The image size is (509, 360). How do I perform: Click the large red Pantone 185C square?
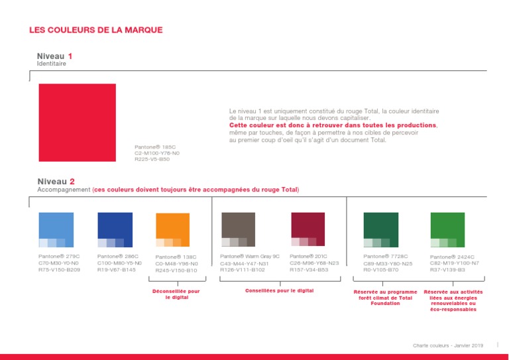(78, 123)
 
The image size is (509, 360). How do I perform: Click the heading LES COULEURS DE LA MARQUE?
(96, 30)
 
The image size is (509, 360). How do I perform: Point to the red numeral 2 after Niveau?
(72, 181)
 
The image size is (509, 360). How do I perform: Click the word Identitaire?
(52, 64)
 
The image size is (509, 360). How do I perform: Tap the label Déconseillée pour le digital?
(176, 294)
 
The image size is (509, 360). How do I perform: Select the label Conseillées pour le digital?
(280, 290)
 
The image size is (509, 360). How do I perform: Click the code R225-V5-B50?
(152, 159)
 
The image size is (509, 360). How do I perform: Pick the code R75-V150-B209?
(59, 270)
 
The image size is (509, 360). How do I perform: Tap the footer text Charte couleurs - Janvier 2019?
(448, 345)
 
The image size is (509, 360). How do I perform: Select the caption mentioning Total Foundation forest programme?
(384, 297)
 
